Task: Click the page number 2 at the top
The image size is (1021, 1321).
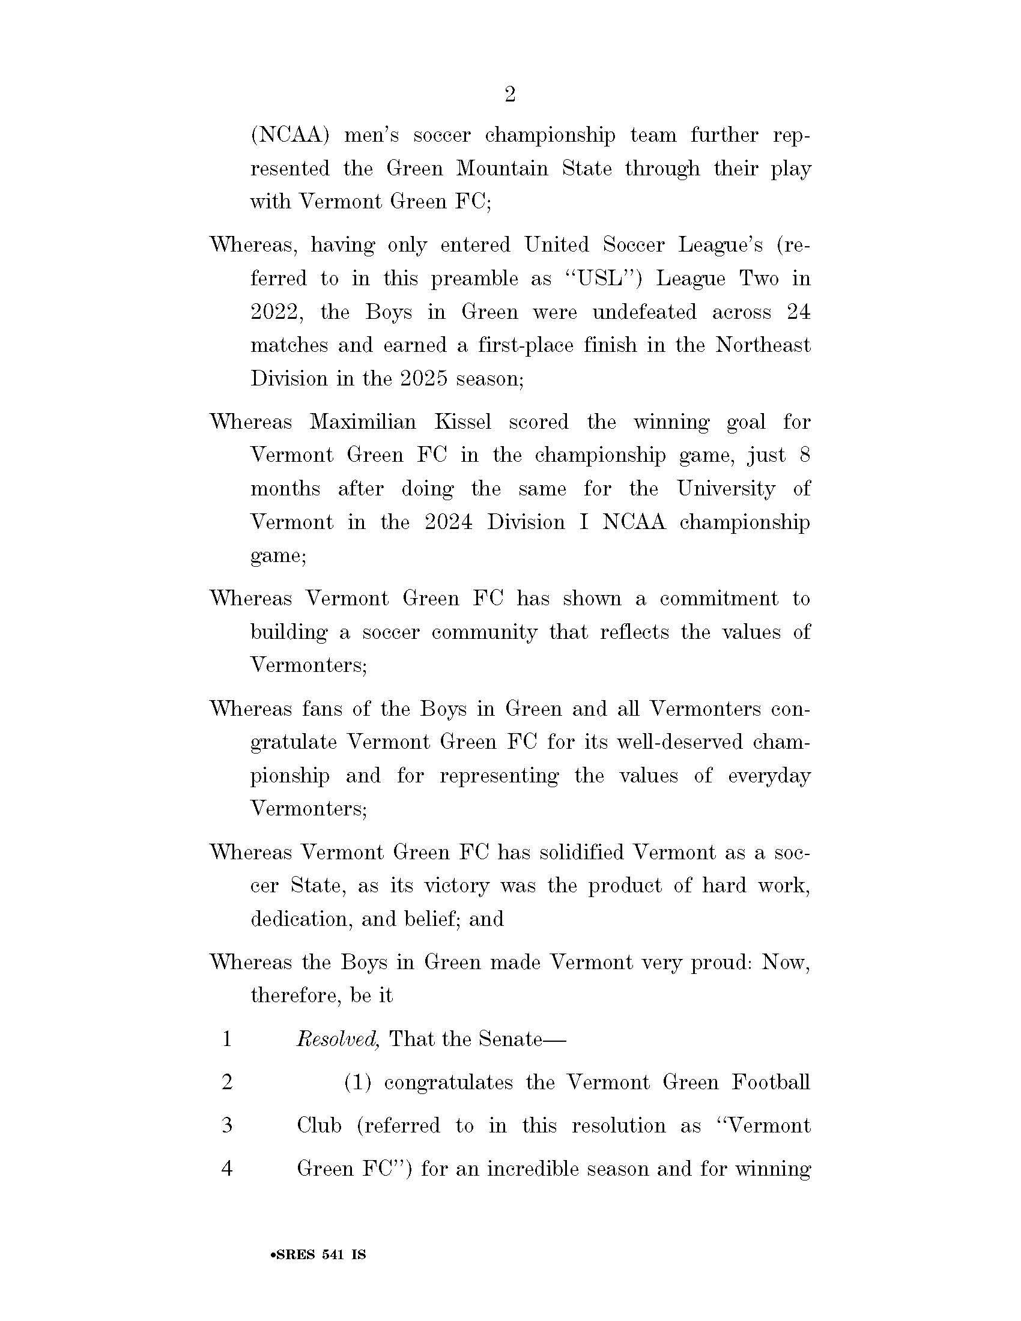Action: [510, 95]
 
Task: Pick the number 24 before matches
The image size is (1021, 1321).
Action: [798, 312]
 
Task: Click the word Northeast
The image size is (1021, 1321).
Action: [763, 345]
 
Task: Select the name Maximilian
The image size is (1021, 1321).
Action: [363, 422]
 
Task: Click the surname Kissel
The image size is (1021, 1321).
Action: [462, 422]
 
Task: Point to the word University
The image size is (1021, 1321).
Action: [726, 488]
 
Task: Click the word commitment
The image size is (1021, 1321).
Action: [719, 598]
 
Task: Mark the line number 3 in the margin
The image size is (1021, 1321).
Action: [228, 1126]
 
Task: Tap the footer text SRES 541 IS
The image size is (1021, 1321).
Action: [319, 1255]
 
